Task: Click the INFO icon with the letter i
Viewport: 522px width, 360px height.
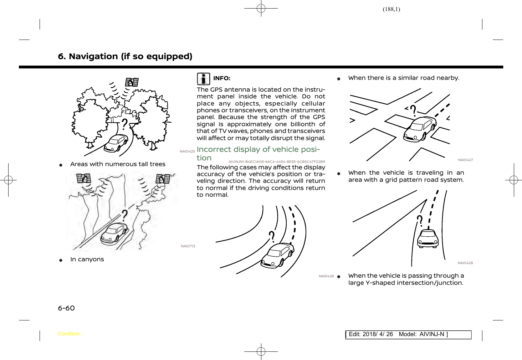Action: coord(203,79)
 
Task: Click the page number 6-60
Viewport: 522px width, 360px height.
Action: coord(66,308)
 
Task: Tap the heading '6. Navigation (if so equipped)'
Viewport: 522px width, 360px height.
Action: coord(125,56)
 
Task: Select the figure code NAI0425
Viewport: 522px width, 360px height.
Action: coord(187,151)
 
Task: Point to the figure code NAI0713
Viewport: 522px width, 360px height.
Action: coord(188,246)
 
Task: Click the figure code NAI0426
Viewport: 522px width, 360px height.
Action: coord(326,276)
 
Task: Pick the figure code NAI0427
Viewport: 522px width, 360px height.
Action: coord(465,160)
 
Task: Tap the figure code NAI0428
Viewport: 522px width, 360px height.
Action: coord(465,263)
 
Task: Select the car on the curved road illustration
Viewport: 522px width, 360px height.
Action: coord(277,255)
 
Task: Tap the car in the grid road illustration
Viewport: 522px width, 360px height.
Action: coord(420,128)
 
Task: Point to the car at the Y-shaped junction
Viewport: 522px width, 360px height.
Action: coord(428,238)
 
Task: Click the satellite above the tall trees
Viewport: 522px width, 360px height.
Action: coord(132,82)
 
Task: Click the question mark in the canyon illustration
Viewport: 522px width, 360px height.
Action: coord(124,216)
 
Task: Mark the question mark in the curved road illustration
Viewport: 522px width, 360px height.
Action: coord(272,236)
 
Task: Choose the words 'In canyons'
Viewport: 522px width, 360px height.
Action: coord(87,259)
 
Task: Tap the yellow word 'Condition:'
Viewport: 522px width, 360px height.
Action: coord(69,334)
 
